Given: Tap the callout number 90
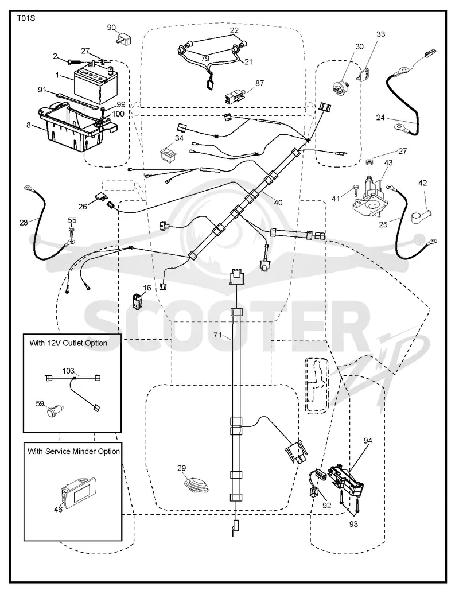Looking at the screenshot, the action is coord(111,28).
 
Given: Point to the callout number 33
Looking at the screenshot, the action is coord(380,34).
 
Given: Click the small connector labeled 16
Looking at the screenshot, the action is coord(137,301).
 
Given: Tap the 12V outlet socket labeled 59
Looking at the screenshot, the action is coord(55,411).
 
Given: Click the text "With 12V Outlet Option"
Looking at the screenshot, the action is coord(68,343).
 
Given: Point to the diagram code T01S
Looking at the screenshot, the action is coord(26,17).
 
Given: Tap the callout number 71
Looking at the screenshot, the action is coord(217,335).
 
